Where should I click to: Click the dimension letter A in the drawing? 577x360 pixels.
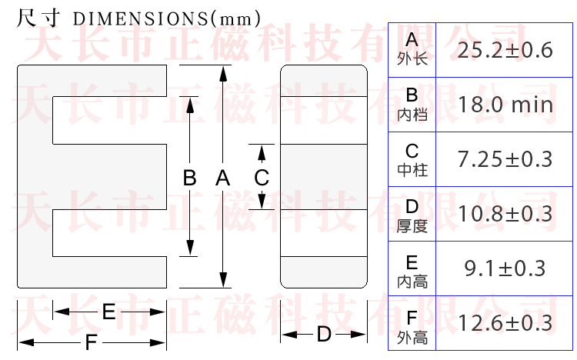click(x=222, y=178)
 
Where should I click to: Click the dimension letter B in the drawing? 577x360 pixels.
click(x=189, y=178)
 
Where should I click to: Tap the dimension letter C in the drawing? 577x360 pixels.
click(x=262, y=178)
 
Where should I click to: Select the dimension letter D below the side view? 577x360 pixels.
click(x=324, y=335)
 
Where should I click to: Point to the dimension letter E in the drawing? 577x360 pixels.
click(x=108, y=312)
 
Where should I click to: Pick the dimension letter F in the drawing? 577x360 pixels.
click(x=91, y=343)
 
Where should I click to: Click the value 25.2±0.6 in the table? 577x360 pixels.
click(x=505, y=51)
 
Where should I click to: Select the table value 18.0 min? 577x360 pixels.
click(x=505, y=105)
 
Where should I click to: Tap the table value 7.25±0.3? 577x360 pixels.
click(x=505, y=159)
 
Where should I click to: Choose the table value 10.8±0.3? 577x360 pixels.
click(x=505, y=214)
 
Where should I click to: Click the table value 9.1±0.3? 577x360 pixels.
click(x=505, y=268)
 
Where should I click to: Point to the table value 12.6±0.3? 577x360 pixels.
click(x=505, y=323)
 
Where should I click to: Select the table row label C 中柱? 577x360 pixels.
click(x=412, y=159)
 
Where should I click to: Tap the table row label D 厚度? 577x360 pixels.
click(x=412, y=215)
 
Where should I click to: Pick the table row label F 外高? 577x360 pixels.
click(x=412, y=326)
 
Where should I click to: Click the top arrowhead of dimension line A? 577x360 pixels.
click(x=223, y=72)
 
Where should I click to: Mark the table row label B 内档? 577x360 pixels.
click(x=412, y=104)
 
